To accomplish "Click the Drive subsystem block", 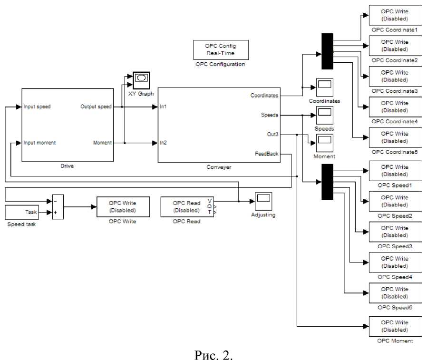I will (x=68, y=125).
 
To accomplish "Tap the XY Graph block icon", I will (x=141, y=79).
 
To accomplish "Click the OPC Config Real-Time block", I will (x=220, y=49).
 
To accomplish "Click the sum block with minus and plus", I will (x=57, y=207).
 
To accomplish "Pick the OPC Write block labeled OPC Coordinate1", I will (x=395, y=15).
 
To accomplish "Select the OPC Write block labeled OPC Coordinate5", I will (x=395, y=137).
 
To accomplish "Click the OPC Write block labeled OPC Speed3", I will (x=395, y=232).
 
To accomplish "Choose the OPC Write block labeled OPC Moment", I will (x=395, y=326).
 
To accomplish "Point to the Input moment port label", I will (x=40, y=143).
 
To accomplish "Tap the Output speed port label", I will (x=96, y=107).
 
